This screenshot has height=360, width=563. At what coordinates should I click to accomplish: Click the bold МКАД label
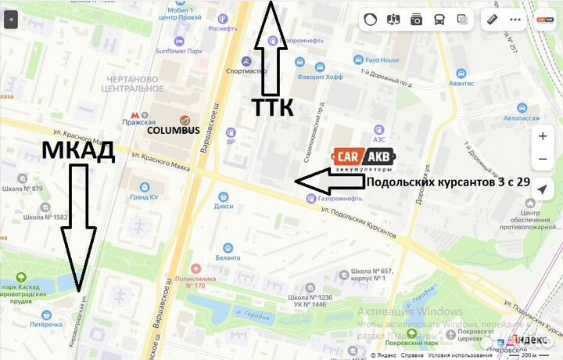[x=77, y=151]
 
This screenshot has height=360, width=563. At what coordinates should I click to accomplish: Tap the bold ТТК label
[x=272, y=107]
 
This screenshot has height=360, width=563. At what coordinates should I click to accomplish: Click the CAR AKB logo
[x=364, y=159]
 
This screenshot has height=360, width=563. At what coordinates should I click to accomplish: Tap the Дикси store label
[x=225, y=207]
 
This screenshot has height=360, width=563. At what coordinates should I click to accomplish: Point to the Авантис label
[x=461, y=83]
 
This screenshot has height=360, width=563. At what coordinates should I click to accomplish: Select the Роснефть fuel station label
[x=223, y=28]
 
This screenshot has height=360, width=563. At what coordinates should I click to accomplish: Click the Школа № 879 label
[x=44, y=189]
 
